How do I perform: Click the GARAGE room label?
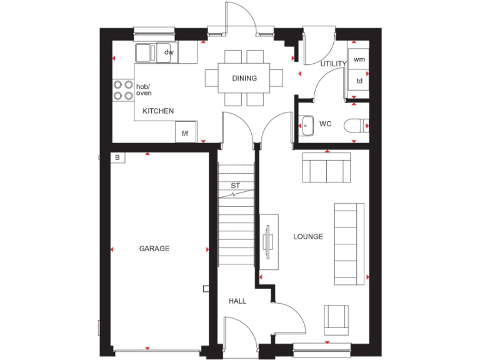click(154, 249)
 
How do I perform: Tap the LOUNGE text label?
click(308, 237)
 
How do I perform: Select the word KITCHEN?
click(158, 111)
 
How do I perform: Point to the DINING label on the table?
click(244, 78)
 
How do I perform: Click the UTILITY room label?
click(333, 64)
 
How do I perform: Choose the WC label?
click(325, 124)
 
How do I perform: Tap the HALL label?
click(237, 301)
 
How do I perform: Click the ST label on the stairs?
click(236, 186)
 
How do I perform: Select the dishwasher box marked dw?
click(168, 52)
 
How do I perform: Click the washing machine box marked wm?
click(359, 60)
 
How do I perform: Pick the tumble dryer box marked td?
click(359, 81)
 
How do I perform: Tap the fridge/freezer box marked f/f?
click(186, 133)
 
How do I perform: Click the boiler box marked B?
click(117, 157)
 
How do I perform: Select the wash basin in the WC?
click(306, 126)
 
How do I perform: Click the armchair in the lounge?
click(336, 319)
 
